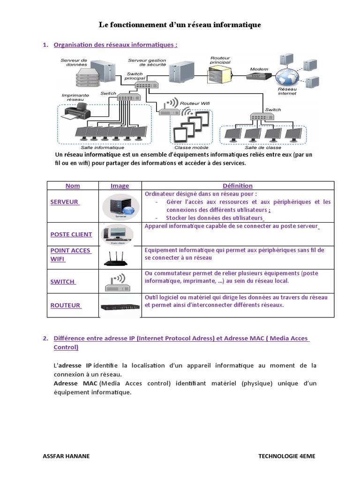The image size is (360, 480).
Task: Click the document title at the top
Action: [x=180, y=24]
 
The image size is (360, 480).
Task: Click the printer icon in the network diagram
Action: [x=77, y=111]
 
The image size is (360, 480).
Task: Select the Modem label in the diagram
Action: [x=259, y=69]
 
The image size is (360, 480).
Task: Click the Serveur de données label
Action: [x=74, y=62]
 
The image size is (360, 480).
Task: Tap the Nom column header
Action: [x=73, y=186]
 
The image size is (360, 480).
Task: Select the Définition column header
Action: [x=238, y=186]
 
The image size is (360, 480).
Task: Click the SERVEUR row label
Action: [x=65, y=202]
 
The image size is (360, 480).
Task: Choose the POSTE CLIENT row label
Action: [x=71, y=234]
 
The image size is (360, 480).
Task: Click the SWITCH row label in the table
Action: [x=63, y=281]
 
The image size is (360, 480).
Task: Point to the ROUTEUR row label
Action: [x=66, y=305]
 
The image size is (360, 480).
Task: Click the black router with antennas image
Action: [x=120, y=257]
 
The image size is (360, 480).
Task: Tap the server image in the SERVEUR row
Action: [x=120, y=206]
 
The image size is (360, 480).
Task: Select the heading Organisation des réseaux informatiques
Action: [x=115, y=45]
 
